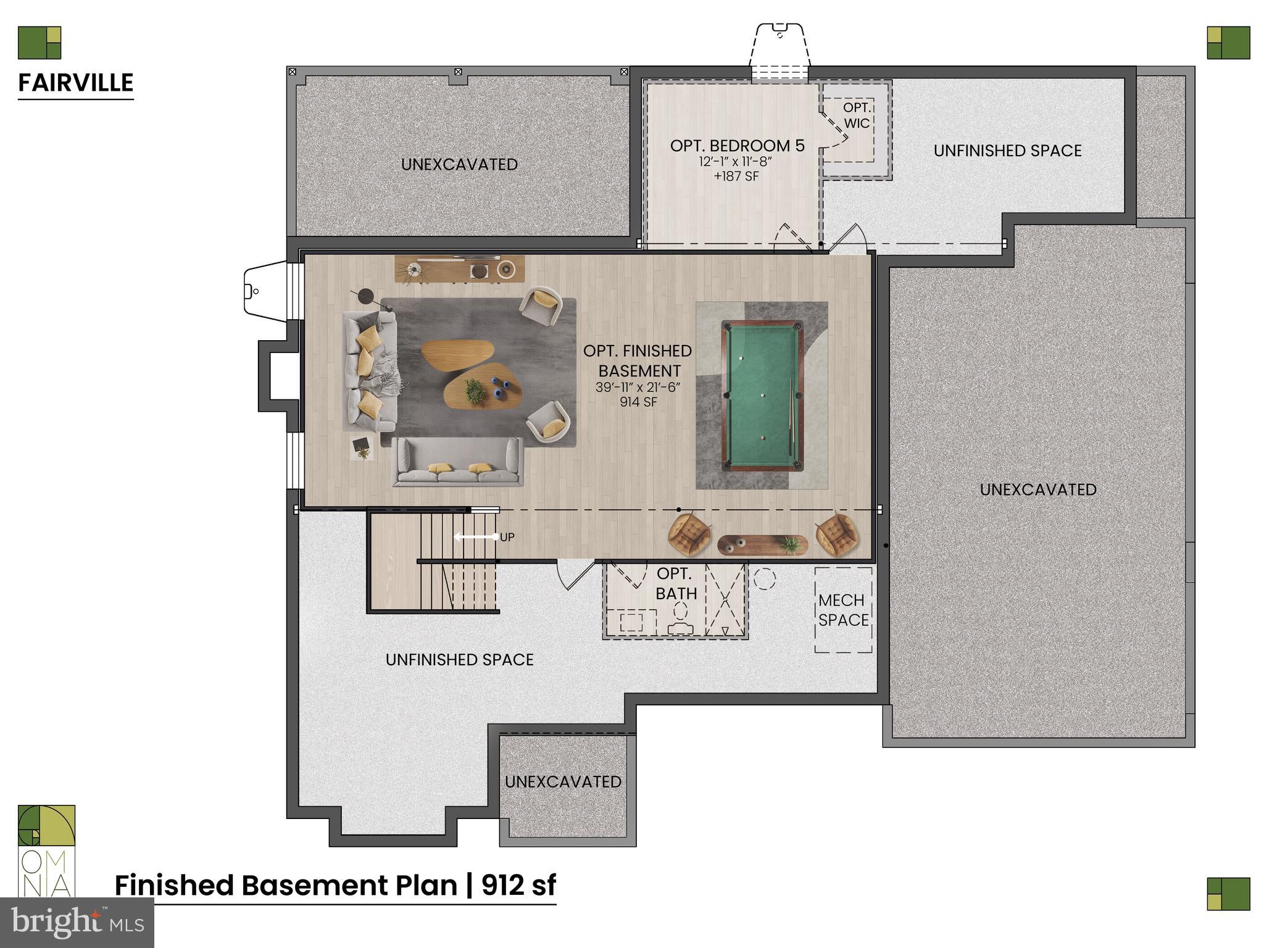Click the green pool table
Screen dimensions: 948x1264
point(763,396)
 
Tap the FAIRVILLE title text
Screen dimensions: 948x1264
point(75,83)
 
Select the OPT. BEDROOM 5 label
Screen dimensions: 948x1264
point(737,146)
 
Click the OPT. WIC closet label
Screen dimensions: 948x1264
point(857,115)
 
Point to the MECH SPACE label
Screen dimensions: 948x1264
point(843,610)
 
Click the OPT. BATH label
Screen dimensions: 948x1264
point(676,583)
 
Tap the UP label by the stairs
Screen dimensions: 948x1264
point(507,537)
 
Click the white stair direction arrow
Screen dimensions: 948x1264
point(476,537)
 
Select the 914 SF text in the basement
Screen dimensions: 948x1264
point(638,402)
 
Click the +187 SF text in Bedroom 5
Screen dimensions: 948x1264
point(736,177)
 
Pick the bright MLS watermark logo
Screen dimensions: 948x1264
point(77,922)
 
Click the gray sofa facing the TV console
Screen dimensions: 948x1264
point(457,462)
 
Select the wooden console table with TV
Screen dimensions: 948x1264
point(460,268)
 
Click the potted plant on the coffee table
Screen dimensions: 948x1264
point(475,391)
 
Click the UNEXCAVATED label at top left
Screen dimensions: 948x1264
point(459,164)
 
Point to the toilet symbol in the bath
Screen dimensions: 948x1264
point(680,618)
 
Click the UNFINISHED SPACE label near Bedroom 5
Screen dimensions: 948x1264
point(1007,151)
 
